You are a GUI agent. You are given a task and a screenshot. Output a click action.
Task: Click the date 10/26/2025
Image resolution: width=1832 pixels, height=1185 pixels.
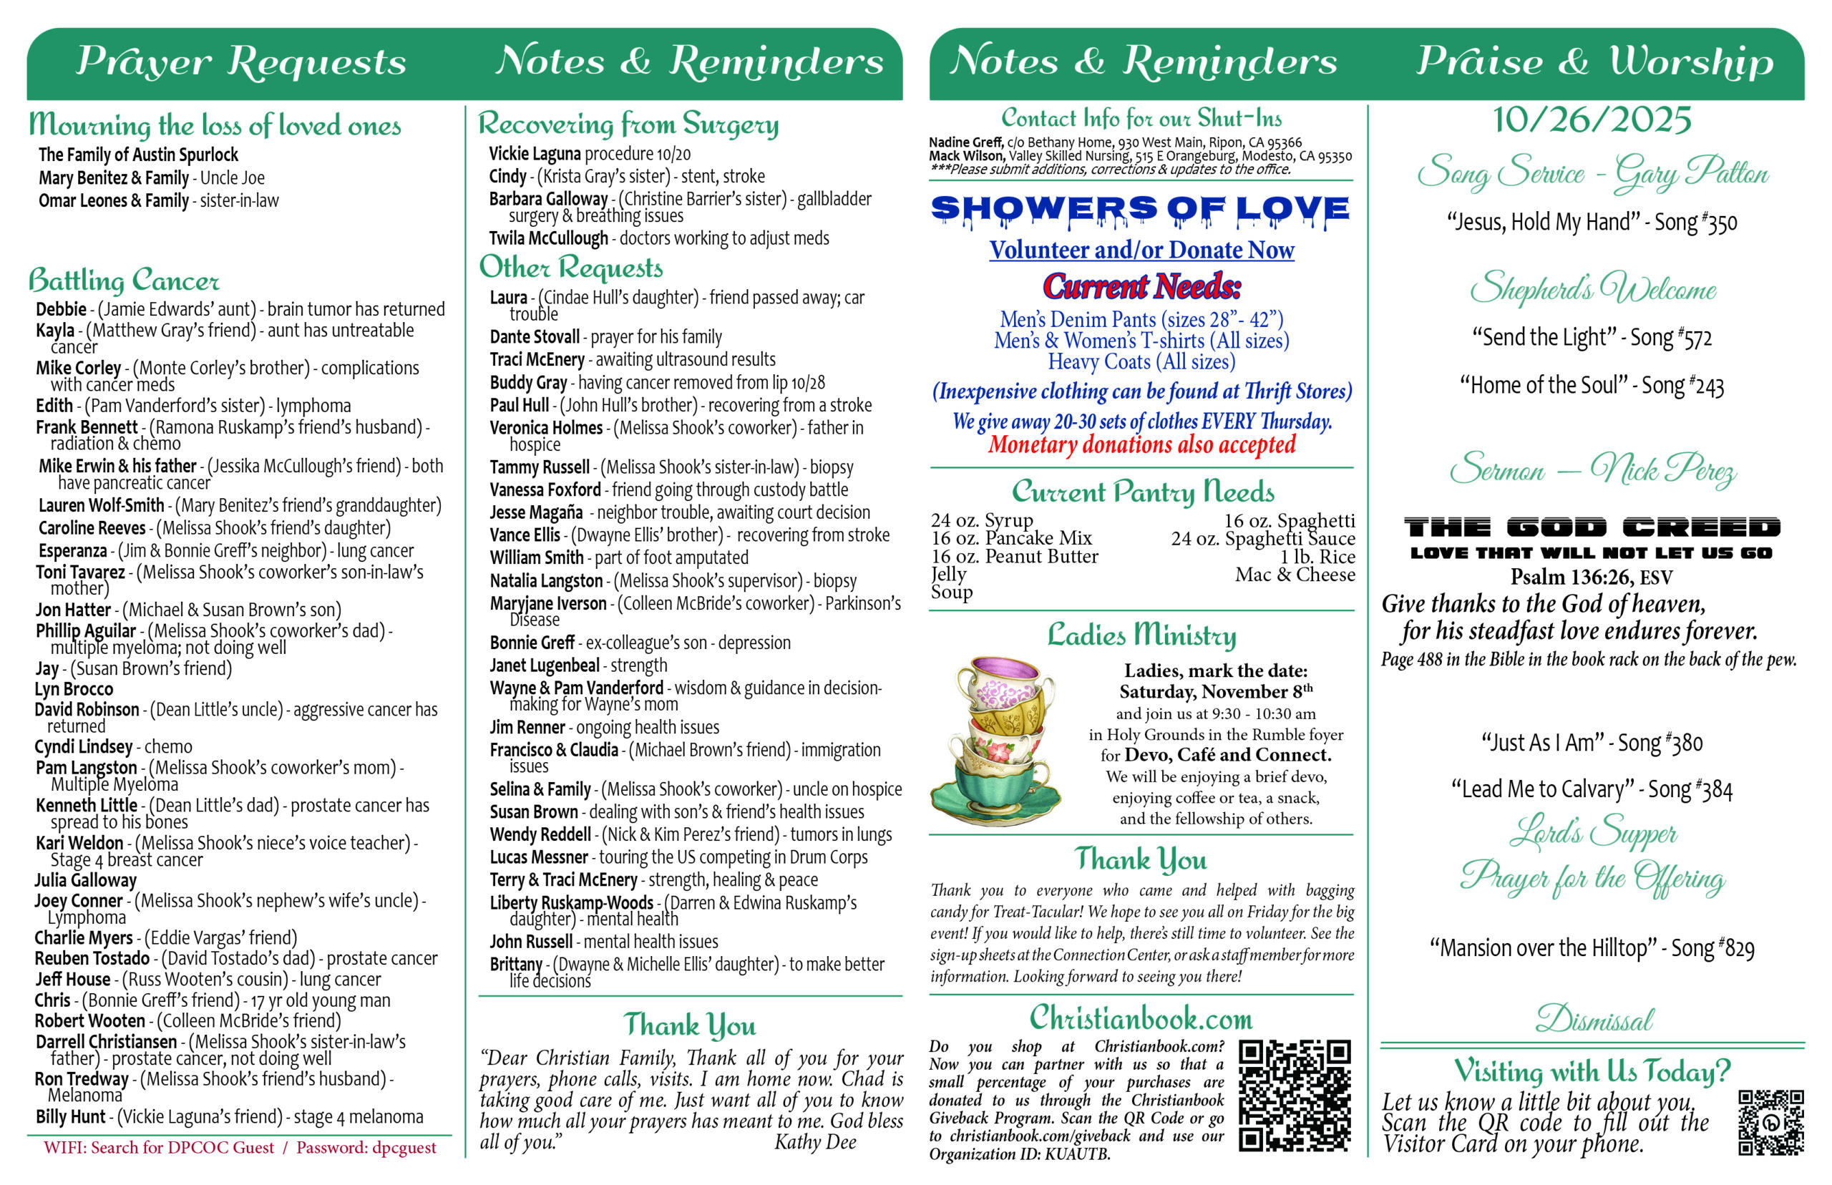[x=1591, y=120]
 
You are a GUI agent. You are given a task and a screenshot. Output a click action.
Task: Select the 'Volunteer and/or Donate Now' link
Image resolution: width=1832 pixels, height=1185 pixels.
[x=1141, y=250]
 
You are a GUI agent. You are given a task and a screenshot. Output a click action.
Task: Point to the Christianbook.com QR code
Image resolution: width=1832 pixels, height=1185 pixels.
[x=1293, y=1095]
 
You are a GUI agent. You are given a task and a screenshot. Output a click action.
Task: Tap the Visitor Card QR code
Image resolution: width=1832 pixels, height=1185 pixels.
[x=1770, y=1122]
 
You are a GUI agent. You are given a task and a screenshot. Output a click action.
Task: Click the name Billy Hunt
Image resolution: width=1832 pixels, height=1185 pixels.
[x=70, y=1116]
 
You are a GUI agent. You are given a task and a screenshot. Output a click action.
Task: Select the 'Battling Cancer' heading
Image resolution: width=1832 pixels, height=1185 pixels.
[x=124, y=280]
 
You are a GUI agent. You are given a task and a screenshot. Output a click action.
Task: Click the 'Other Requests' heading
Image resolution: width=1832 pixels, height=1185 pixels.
[x=571, y=267]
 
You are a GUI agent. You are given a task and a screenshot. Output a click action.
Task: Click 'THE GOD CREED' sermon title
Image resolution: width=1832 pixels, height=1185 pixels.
[x=1591, y=527]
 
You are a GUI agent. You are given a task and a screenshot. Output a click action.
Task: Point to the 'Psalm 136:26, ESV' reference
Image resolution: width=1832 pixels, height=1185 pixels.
[x=1590, y=576]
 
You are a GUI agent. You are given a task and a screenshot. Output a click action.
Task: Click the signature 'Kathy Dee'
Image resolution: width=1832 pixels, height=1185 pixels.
[x=815, y=1142]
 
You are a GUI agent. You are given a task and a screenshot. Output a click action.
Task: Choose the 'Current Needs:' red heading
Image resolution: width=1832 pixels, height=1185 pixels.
[x=1141, y=286]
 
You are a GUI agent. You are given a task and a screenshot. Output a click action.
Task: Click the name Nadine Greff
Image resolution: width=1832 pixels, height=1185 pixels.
[x=965, y=142]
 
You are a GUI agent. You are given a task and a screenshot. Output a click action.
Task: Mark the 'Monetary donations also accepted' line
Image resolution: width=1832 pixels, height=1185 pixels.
[x=1141, y=445]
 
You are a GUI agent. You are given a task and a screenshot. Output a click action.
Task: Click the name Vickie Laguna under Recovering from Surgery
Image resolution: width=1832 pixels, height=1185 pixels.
[x=534, y=154]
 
